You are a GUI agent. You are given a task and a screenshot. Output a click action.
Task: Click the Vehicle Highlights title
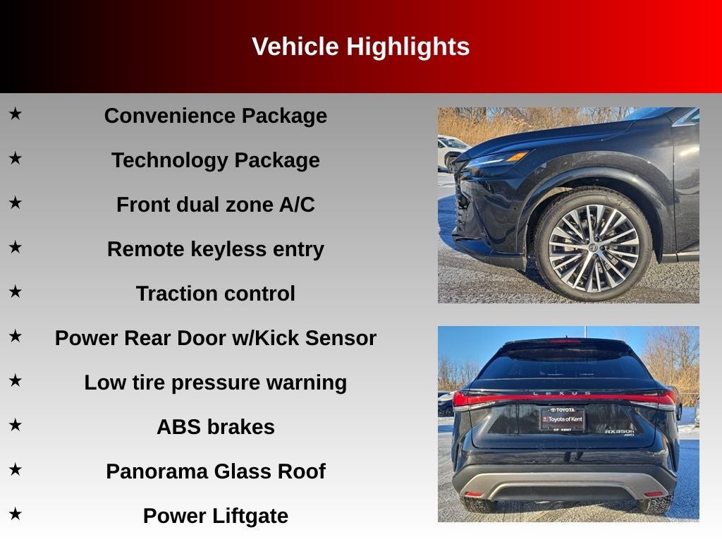(360, 47)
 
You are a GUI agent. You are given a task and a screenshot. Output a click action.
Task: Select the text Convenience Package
(215, 116)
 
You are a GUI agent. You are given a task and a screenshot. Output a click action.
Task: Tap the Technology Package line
(215, 160)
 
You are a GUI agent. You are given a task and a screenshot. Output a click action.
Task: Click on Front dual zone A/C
(215, 205)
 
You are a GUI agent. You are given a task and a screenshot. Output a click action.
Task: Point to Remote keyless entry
(215, 249)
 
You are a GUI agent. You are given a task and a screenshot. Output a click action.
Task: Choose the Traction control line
(215, 294)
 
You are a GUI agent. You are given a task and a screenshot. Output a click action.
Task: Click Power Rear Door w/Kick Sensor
(215, 338)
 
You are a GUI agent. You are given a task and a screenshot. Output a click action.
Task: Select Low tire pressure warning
(215, 383)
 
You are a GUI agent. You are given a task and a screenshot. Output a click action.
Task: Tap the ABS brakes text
(215, 427)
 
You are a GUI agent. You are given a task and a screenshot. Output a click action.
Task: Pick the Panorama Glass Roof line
(215, 471)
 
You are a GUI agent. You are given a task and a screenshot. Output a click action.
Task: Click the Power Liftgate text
(215, 516)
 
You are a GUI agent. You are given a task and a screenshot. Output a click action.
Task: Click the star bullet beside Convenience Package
(16, 113)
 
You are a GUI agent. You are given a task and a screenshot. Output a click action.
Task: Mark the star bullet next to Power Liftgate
(16, 513)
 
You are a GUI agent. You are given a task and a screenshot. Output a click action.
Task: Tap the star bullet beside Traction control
(16, 291)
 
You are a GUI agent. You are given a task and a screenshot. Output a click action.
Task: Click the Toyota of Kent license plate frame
(562, 419)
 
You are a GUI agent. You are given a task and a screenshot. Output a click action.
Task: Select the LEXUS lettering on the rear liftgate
(561, 393)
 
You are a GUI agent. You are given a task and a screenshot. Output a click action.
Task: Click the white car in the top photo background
(451, 150)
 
